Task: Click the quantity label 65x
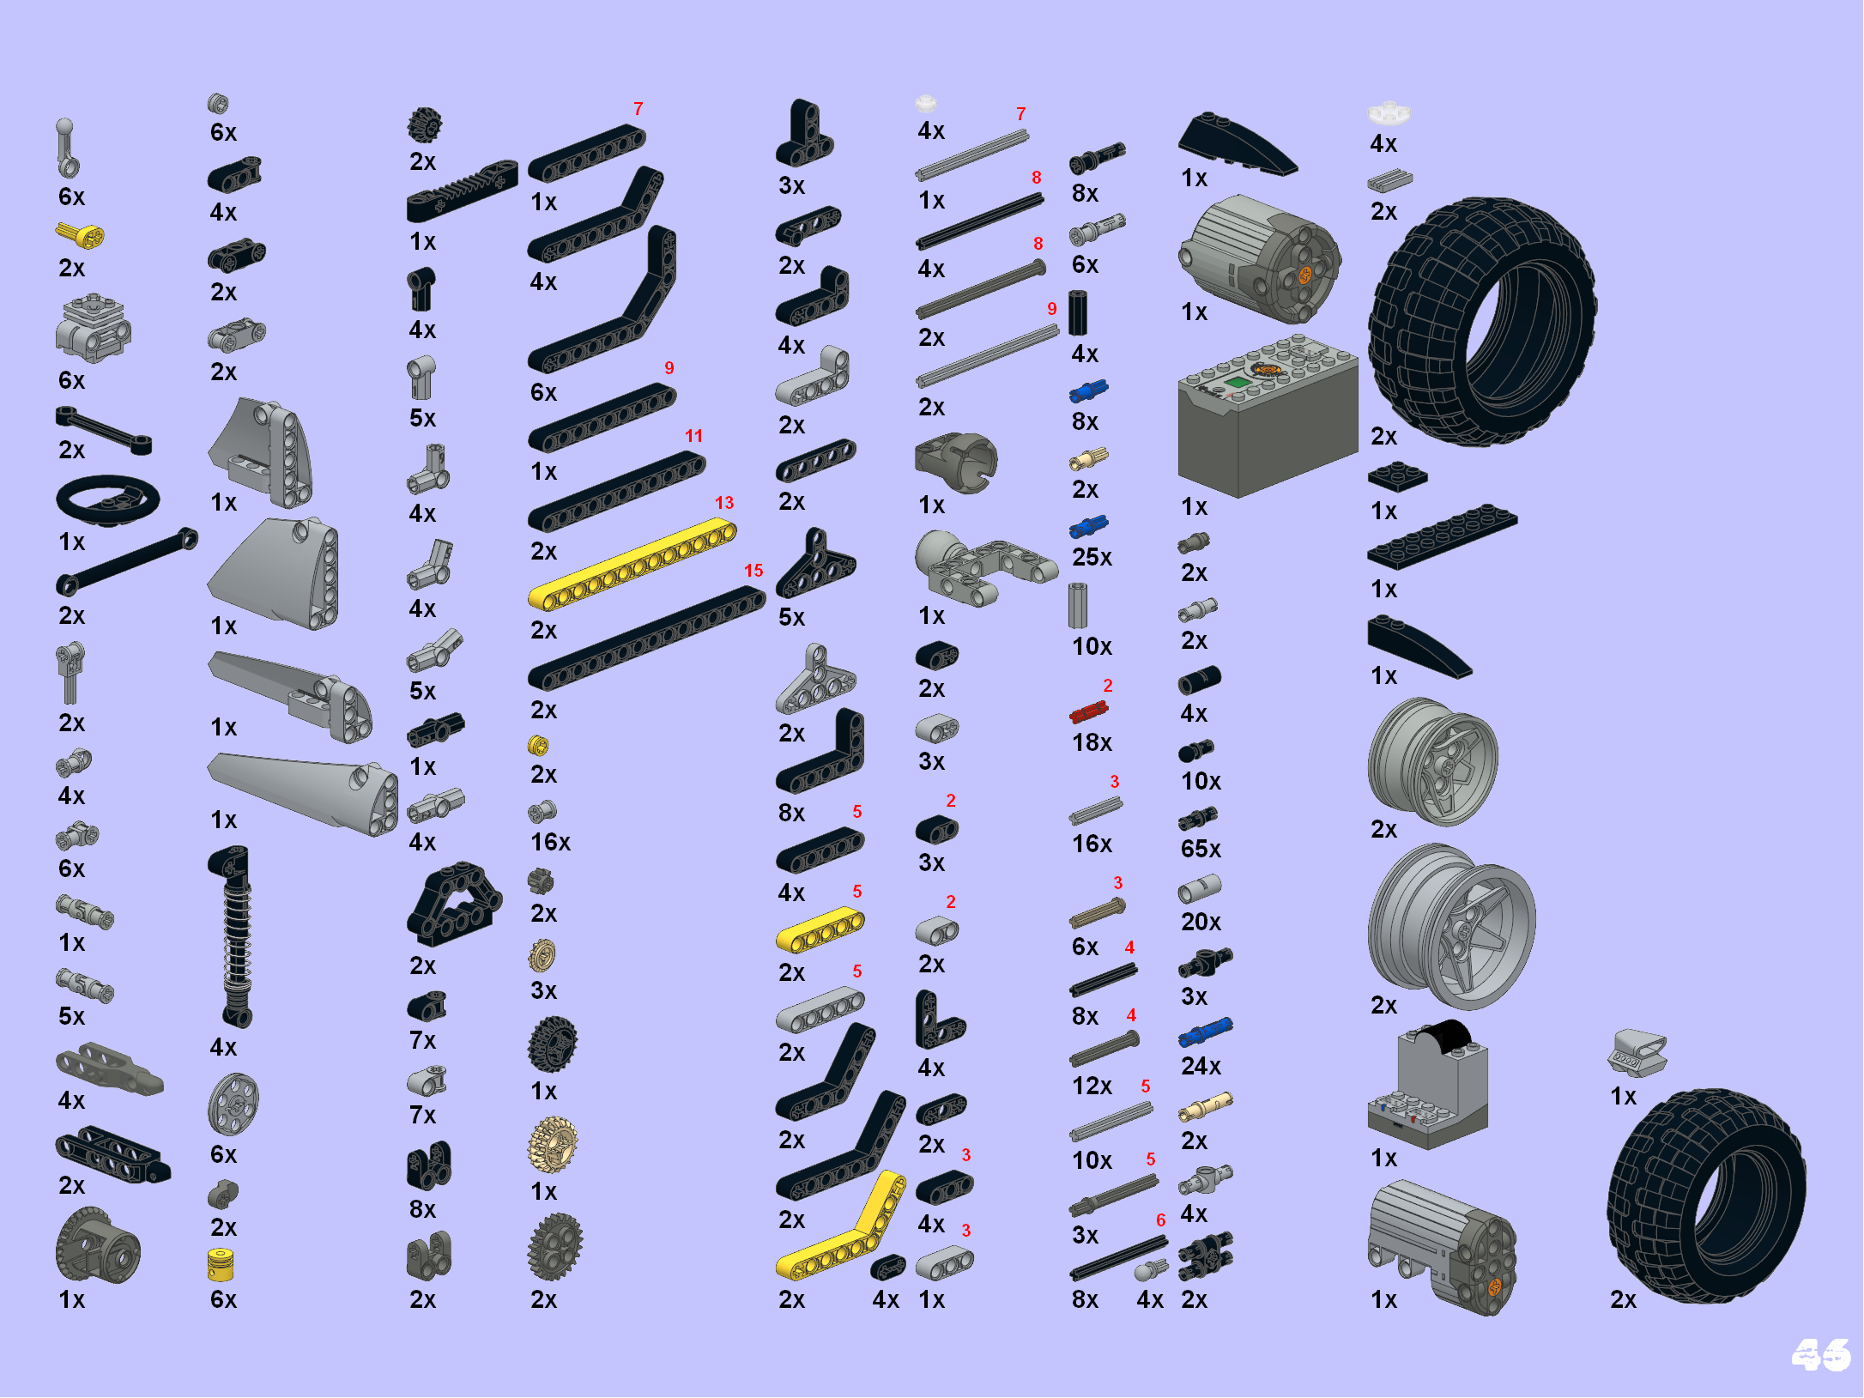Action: (x=1201, y=849)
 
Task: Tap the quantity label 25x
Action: (x=1092, y=557)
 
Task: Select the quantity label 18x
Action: (x=1092, y=742)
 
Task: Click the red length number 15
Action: (x=753, y=571)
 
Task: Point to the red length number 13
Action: (x=724, y=503)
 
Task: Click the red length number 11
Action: (x=693, y=436)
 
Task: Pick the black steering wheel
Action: (x=107, y=499)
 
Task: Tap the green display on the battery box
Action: (x=1237, y=382)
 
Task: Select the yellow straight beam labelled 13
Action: (x=632, y=565)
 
